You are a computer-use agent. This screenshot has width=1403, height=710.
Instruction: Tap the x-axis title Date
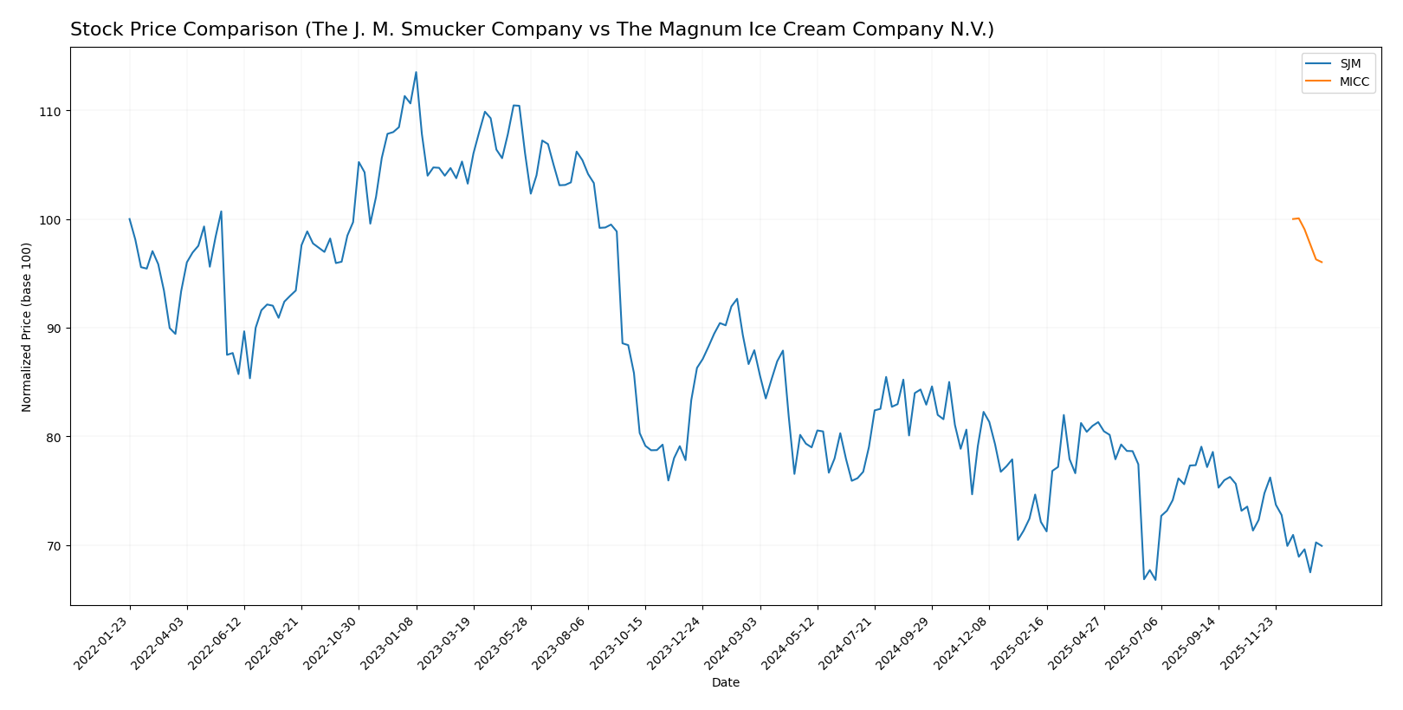click(x=725, y=683)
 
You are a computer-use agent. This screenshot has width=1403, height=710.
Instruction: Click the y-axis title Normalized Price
click(x=27, y=327)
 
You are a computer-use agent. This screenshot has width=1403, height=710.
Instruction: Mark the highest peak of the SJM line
click(x=416, y=73)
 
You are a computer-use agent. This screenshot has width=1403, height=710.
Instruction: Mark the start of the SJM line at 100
click(x=130, y=219)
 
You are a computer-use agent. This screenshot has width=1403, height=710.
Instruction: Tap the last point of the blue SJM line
click(x=1322, y=546)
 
